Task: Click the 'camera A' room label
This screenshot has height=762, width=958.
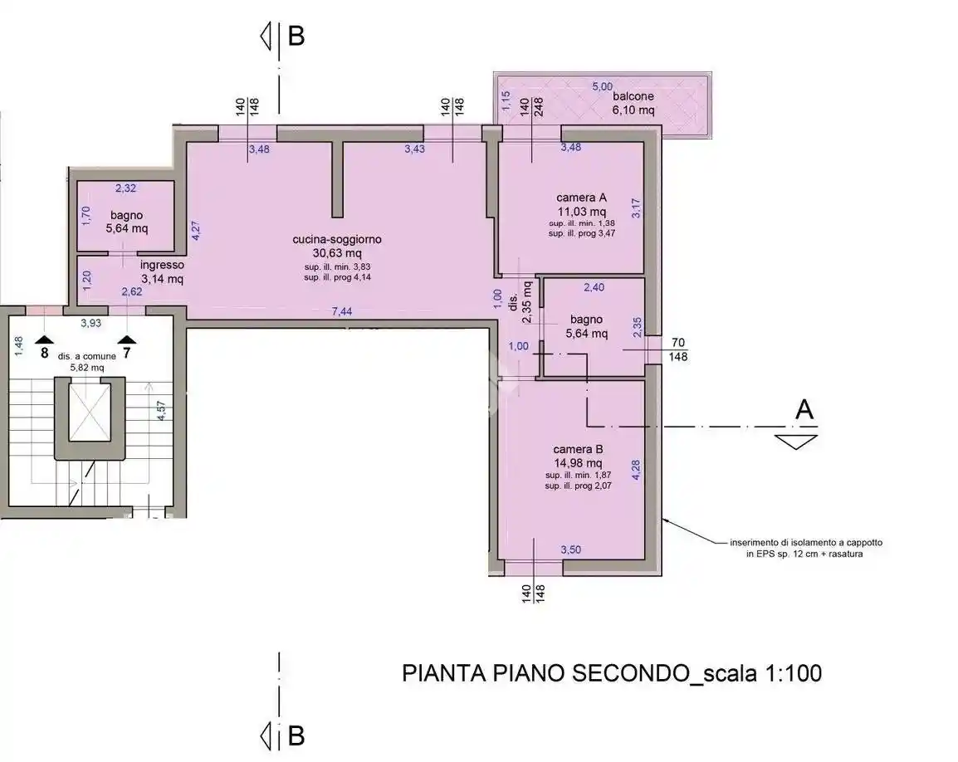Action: point(581,198)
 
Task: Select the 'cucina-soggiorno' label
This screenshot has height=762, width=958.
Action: point(337,239)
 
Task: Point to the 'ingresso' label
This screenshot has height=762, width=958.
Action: point(162,266)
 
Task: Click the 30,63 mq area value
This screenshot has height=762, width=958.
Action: point(337,252)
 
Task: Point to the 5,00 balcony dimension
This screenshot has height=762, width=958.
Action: point(601,85)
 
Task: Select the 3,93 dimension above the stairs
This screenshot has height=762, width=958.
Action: point(90,323)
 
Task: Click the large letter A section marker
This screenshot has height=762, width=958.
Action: point(804,409)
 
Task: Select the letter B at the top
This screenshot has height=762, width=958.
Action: point(296,37)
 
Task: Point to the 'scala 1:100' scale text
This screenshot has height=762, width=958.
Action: point(762,672)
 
